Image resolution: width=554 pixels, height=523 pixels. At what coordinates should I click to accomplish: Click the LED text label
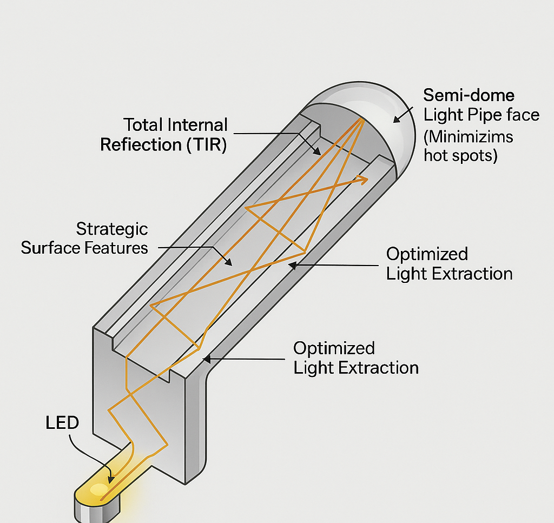coord(62,423)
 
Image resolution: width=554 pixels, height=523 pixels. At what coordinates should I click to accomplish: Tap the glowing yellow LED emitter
coord(99,490)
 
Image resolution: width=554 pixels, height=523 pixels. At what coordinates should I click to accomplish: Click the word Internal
coord(198,125)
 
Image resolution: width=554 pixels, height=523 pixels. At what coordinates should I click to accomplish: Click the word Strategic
coord(112,229)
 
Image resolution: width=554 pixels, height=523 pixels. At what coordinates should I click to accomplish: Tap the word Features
coord(117,248)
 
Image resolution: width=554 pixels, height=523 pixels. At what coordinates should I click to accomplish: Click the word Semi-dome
coord(469,96)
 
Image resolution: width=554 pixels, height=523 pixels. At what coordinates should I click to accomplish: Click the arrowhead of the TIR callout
coord(320,154)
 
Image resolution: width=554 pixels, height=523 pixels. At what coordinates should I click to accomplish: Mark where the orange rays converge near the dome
coord(359,120)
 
